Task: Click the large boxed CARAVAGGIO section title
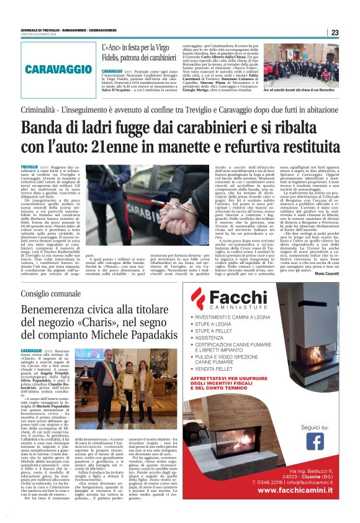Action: pos(60,67)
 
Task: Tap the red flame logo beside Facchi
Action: pos(199,299)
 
